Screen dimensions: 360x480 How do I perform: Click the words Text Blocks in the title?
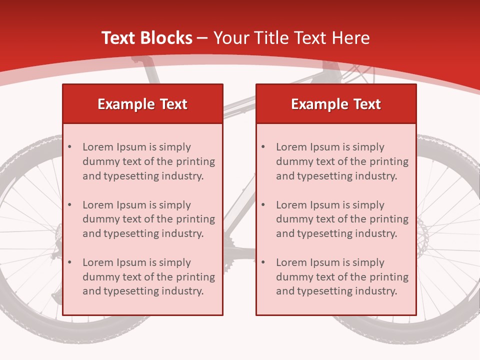pos(147,38)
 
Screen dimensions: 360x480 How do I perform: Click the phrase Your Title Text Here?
pos(291,38)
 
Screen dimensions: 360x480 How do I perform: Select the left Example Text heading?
pos(142,104)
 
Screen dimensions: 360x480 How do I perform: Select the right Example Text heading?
pos(336,104)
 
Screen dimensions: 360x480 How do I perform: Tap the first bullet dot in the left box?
pos(69,147)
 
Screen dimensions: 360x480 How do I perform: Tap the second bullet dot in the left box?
pos(69,205)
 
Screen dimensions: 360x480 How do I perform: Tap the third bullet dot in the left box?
pos(69,262)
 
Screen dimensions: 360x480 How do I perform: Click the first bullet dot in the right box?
pos(263,147)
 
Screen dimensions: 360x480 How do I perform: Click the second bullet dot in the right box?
pos(263,205)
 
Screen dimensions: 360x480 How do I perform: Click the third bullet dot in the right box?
pos(263,262)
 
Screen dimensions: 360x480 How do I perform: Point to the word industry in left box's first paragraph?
pos(184,176)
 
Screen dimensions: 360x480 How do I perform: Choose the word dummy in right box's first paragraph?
pos(292,161)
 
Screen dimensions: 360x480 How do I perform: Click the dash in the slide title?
pos(202,38)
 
